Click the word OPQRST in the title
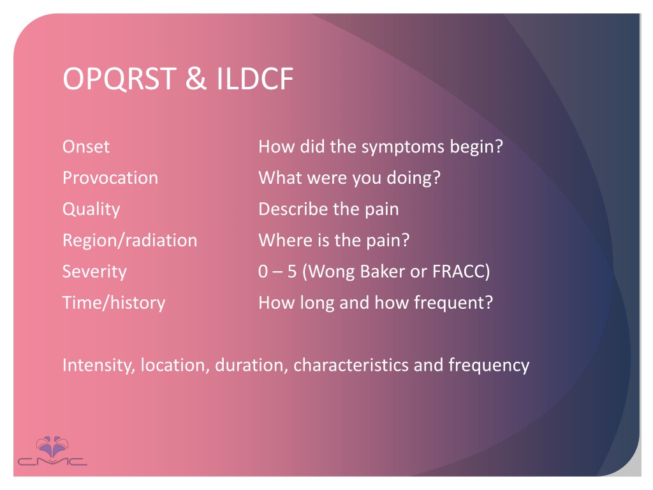pos(119,78)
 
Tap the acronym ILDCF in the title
pos(255,78)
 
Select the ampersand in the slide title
pos(196,78)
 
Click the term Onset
pos(86,147)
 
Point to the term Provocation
pos(110,178)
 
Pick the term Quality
pos(91,209)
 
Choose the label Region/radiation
pos(130,241)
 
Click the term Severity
pos(94,272)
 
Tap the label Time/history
pos(114,303)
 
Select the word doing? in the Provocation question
pos(413,179)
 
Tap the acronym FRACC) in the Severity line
pos(461,272)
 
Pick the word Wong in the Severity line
pos(332,272)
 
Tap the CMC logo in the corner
pos(52,452)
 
